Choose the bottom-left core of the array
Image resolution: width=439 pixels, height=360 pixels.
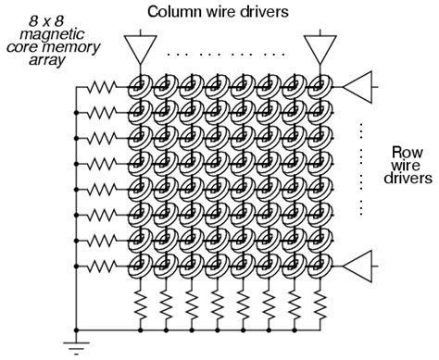coord(140,267)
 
